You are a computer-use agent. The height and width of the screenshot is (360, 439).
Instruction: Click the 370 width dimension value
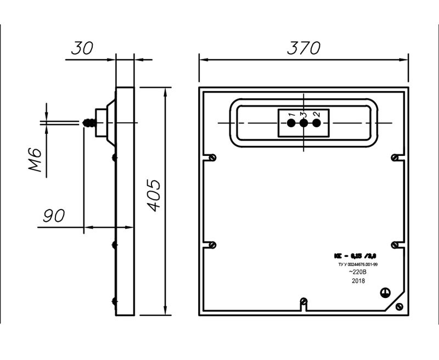303,48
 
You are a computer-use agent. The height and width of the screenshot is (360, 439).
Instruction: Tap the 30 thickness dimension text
82,48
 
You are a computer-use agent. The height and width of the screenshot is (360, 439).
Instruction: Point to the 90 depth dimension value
53,216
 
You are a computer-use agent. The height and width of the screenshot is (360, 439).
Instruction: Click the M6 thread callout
36,159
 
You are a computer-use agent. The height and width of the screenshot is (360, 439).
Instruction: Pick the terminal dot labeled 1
291,122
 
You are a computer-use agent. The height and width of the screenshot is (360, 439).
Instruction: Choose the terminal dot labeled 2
316,122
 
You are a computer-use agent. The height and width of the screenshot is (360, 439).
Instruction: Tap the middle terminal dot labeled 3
303,122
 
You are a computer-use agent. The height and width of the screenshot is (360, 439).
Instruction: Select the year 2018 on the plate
358,280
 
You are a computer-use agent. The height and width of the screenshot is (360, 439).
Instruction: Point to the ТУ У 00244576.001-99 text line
358,264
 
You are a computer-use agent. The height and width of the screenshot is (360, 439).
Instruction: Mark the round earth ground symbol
386,294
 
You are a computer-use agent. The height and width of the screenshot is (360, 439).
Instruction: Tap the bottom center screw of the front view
303,301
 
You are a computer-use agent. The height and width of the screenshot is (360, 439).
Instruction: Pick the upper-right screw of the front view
395,157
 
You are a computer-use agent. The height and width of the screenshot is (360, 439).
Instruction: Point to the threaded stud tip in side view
87,122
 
